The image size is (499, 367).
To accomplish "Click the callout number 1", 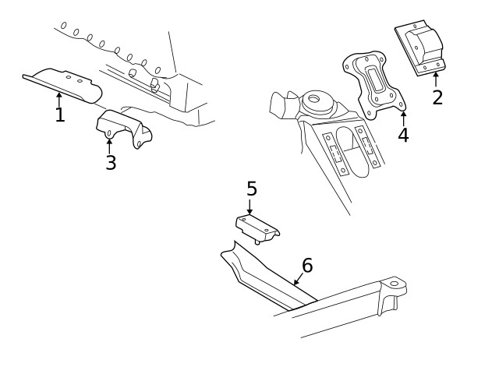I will click(59, 116).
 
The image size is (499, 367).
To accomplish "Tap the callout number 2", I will click(437, 97).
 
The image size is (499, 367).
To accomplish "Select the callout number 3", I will click(111, 163).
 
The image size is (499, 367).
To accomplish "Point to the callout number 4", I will click(402, 135).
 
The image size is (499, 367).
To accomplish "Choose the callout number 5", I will click(251, 189).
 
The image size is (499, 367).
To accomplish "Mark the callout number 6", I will click(307, 266).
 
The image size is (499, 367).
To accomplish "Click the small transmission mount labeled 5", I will click(258, 227).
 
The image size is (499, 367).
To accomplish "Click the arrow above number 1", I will click(59, 98).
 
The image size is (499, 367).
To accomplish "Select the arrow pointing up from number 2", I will click(436, 79).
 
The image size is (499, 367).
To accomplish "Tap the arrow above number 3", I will click(110, 145).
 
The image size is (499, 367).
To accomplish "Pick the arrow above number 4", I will click(402, 118).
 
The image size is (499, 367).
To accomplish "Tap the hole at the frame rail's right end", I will click(394, 284).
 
